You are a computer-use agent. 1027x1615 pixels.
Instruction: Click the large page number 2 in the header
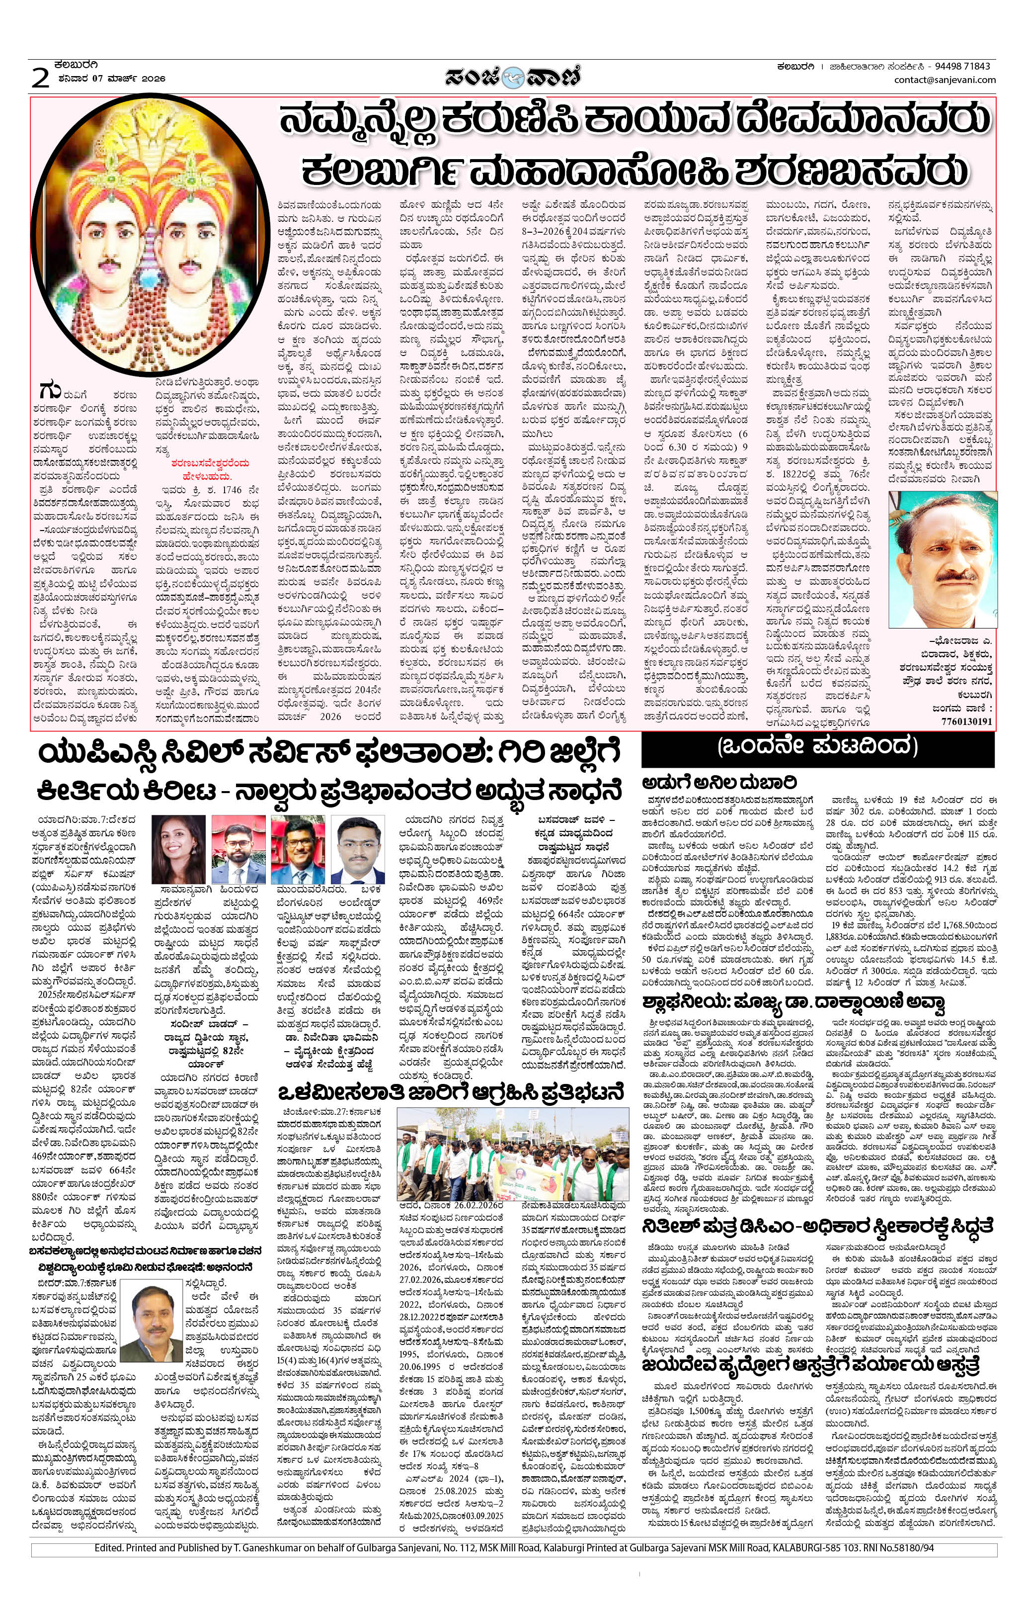click(x=41, y=79)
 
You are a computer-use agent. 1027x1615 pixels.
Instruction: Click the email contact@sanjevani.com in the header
click(x=945, y=80)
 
